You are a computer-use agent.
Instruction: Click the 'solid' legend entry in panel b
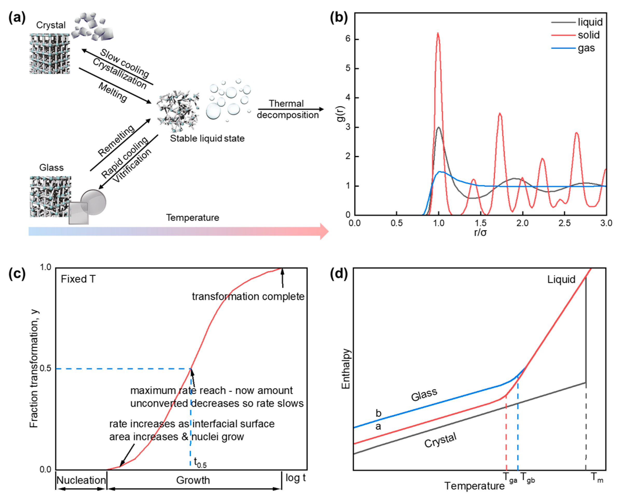click(x=588, y=35)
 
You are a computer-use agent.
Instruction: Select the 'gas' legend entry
click(x=586, y=48)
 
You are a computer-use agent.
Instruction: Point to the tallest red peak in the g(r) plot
click(x=438, y=34)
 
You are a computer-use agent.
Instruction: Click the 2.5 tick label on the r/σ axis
click(x=564, y=223)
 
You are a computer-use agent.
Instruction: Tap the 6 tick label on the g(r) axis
click(x=348, y=39)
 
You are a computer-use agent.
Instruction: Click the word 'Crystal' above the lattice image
click(x=51, y=25)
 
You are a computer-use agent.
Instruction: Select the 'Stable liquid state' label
click(x=207, y=138)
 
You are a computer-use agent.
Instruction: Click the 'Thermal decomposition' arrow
click(x=290, y=109)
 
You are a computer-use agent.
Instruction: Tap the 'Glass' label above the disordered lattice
click(x=51, y=168)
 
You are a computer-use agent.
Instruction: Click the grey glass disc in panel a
click(x=94, y=202)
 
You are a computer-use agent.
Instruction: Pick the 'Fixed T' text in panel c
click(x=78, y=279)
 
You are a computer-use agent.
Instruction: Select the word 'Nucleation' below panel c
click(x=81, y=480)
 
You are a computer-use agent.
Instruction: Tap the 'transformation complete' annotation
click(x=248, y=296)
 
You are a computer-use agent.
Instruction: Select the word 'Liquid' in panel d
click(x=561, y=279)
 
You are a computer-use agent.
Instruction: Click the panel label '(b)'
click(x=339, y=18)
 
